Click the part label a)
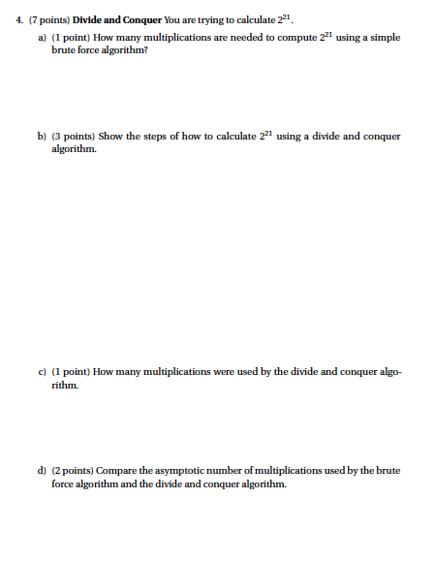[x=43, y=36]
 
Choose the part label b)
[x=43, y=137]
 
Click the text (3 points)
[x=74, y=137]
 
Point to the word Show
[x=110, y=137]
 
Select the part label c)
[x=42, y=371]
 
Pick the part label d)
[x=43, y=470]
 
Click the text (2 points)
[x=74, y=470]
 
